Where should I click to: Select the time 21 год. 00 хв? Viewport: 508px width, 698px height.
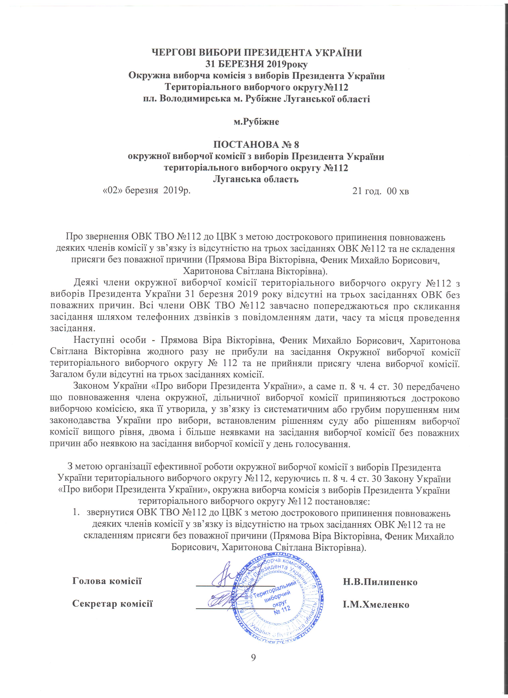(x=381, y=191)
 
